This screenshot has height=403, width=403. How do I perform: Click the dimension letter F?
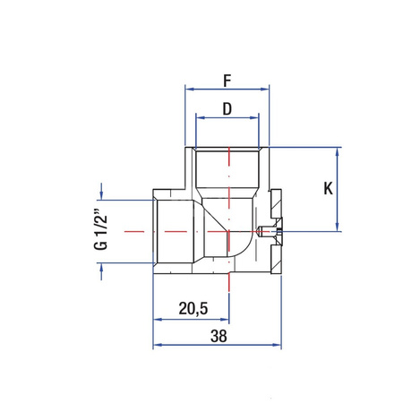tap(227, 81)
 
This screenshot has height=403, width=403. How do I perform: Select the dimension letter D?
tap(227, 109)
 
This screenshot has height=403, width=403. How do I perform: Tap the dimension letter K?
tap(329, 190)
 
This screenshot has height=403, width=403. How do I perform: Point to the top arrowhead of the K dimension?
tap(338, 151)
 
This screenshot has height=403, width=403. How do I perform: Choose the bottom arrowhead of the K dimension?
tap(338, 227)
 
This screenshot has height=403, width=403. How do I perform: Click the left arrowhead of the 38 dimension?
tap(158, 345)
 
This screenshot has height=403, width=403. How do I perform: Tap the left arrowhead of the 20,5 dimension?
tap(158, 318)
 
